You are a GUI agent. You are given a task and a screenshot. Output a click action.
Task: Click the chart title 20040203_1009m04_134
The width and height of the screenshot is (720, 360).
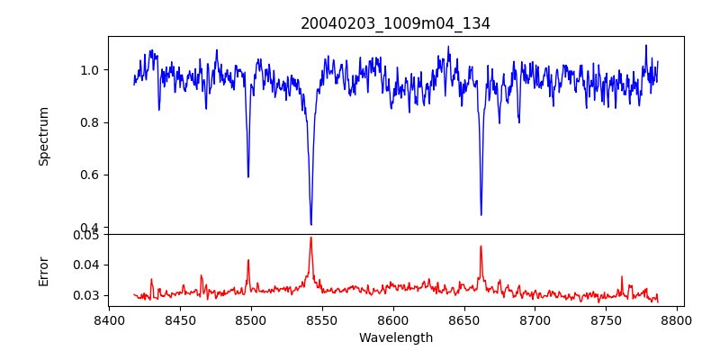(x=395, y=23)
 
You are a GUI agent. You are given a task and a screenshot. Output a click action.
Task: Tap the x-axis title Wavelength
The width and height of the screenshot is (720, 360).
(x=395, y=338)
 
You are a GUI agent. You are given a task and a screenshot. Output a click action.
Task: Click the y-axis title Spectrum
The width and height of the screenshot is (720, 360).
(x=44, y=136)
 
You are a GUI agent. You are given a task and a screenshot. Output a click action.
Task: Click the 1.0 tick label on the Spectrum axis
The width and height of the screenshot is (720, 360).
(x=89, y=70)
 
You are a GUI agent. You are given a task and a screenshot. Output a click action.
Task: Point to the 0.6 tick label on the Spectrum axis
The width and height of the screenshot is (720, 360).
(x=89, y=175)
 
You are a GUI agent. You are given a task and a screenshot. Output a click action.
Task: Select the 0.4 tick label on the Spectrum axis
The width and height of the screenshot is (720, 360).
(x=89, y=228)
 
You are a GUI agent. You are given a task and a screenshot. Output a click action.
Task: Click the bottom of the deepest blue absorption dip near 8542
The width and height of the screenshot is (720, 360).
(x=310, y=224)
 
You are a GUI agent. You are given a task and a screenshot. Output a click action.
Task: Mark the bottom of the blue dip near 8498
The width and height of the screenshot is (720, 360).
(x=248, y=176)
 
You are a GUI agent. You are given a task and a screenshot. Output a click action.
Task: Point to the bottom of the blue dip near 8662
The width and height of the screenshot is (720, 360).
(x=481, y=214)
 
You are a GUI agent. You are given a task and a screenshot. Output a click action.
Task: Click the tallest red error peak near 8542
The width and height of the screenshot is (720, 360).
(x=310, y=238)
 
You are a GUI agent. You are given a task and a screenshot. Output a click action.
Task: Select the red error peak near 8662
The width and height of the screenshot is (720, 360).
(x=481, y=246)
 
